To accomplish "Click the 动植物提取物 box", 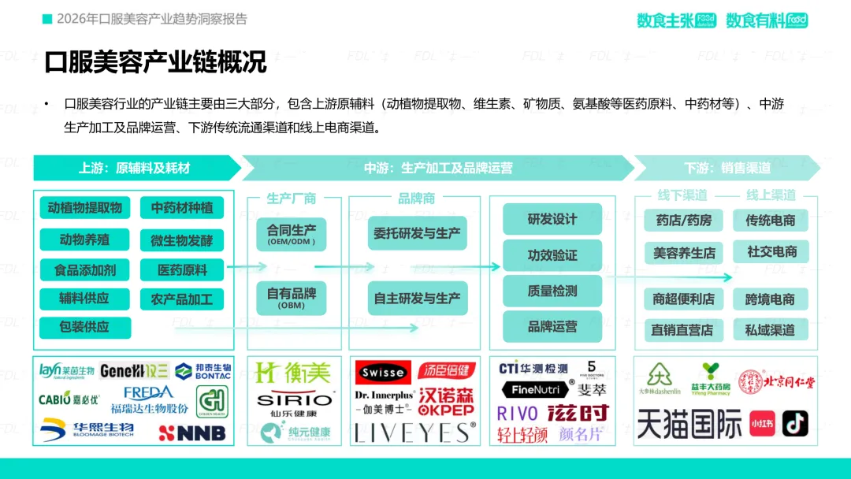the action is point(84,208).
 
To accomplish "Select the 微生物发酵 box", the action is point(182,240).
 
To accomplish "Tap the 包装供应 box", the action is point(84,327).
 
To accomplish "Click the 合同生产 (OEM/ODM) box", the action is point(291,233).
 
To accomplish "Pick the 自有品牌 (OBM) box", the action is point(291,297).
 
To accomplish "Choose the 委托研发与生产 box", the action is point(417,233).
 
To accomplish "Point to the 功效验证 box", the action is point(552,255).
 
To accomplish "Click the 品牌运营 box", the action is point(552,326).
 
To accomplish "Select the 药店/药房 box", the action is point(683,221).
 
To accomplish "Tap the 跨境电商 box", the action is point(770,299).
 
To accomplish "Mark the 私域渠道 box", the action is point(770,330).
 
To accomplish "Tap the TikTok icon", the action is point(794,423).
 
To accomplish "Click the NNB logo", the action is point(192,433).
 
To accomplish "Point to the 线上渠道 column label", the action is point(771,195).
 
